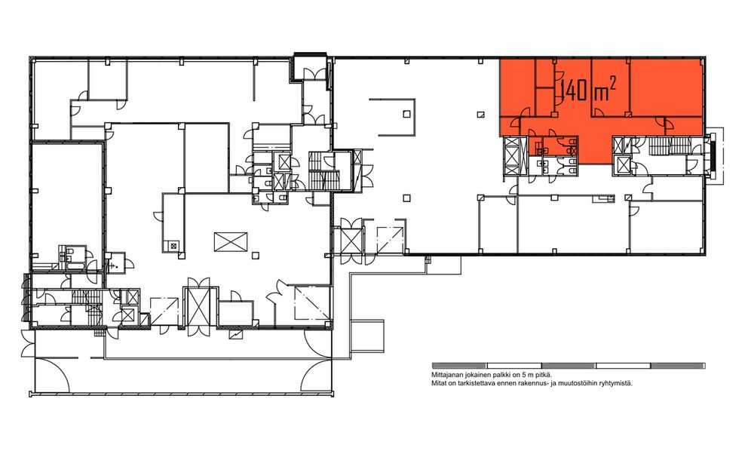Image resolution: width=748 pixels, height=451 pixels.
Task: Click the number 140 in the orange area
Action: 573,91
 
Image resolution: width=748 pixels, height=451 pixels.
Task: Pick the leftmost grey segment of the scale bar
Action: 459,366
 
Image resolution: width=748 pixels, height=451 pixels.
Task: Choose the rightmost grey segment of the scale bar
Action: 678,366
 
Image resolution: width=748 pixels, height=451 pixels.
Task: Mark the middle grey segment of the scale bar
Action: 569,366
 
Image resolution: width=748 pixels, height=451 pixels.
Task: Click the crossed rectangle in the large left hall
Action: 231,241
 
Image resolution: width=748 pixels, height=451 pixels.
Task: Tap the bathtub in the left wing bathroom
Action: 75,264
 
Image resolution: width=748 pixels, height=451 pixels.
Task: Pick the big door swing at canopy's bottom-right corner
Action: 316,376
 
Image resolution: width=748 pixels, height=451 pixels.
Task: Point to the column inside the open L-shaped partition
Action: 406,114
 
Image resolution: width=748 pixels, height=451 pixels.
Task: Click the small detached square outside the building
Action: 367,336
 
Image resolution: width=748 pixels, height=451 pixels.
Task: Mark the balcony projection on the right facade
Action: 716,155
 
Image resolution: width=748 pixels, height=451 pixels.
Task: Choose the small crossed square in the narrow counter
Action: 173,246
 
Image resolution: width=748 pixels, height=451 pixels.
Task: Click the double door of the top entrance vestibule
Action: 316,73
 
